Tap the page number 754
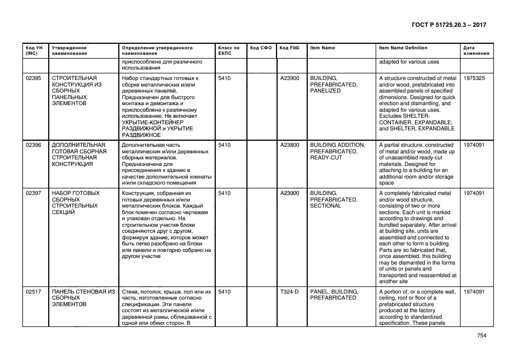click(481, 336)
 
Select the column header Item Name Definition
click(403, 48)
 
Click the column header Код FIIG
click(288, 48)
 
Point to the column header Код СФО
click(261, 48)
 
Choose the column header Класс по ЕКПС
click(229, 50)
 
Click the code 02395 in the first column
click(34, 78)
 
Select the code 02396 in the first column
click(34, 145)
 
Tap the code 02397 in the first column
click(34, 193)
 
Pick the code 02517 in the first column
click(34, 291)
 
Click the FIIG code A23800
click(290, 145)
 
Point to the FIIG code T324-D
click(290, 291)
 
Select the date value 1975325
click(474, 78)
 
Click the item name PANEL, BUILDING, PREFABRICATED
click(334, 295)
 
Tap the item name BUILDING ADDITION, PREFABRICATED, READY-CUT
click(337, 151)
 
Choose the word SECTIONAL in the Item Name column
click(326, 206)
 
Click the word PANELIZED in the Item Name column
click(325, 91)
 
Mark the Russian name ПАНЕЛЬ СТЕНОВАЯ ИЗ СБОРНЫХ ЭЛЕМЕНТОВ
click(83, 297)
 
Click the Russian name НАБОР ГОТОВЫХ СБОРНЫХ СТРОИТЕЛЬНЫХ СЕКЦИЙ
click(76, 203)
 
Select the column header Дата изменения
click(474, 50)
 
